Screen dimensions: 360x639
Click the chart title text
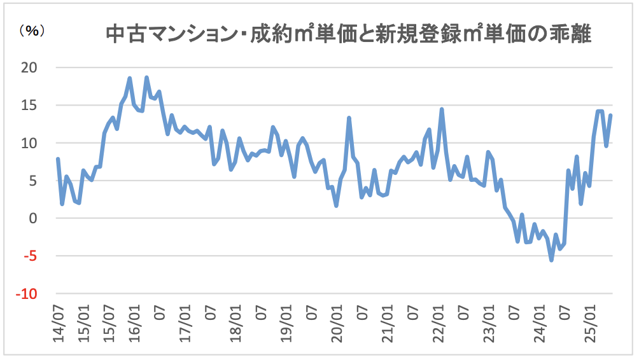point(349,33)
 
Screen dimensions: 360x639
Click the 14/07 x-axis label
point(58,324)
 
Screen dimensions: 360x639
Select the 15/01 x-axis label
point(83,324)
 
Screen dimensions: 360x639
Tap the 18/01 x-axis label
point(235,324)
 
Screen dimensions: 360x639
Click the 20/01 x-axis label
point(337,324)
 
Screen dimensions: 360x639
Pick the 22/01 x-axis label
point(438,324)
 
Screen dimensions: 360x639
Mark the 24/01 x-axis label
point(539,324)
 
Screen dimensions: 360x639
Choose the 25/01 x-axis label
point(590,324)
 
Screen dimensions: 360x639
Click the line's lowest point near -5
point(551,260)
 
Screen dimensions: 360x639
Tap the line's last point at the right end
point(611,115)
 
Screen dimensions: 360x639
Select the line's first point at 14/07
point(58,159)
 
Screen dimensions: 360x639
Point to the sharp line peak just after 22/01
point(442,109)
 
